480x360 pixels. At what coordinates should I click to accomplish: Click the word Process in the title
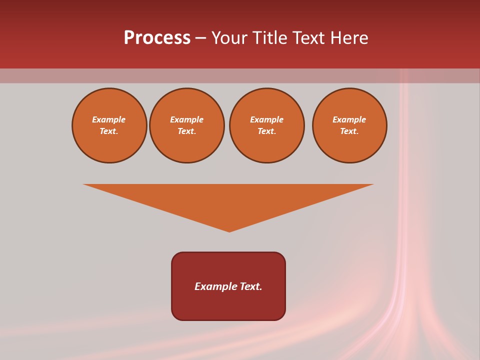[x=157, y=38]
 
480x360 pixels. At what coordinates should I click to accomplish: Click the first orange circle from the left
[x=109, y=125]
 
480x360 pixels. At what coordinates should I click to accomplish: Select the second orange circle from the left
[x=187, y=125]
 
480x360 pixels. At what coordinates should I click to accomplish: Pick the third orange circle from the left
[x=266, y=125]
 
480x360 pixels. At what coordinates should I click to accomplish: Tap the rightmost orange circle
[x=349, y=125]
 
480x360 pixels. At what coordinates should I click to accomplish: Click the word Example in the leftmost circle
[x=109, y=119]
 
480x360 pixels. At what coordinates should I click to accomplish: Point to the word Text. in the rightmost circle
[x=349, y=131]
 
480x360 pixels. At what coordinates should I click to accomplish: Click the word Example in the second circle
[x=187, y=119]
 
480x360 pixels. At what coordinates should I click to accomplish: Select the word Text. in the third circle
[x=266, y=131]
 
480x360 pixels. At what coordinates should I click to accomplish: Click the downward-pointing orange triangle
[x=228, y=200]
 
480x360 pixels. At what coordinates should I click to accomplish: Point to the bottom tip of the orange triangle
[x=229, y=231]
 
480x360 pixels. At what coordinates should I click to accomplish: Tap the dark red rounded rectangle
[x=228, y=305]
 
